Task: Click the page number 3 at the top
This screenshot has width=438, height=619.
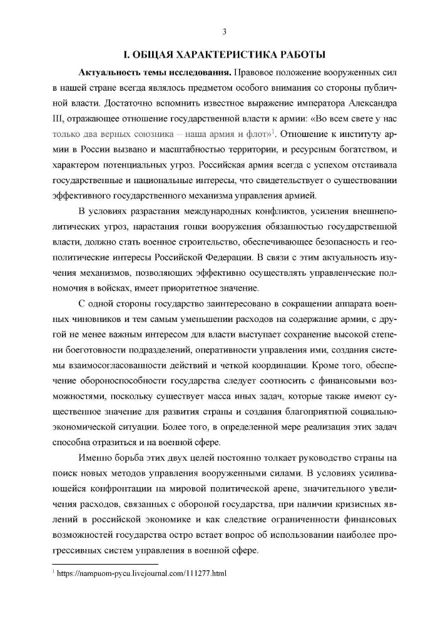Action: tap(223, 33)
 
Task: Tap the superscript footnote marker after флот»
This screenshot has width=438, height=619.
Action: tap(273, 131)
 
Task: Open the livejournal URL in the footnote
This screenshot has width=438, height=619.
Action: tap(141, 573)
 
